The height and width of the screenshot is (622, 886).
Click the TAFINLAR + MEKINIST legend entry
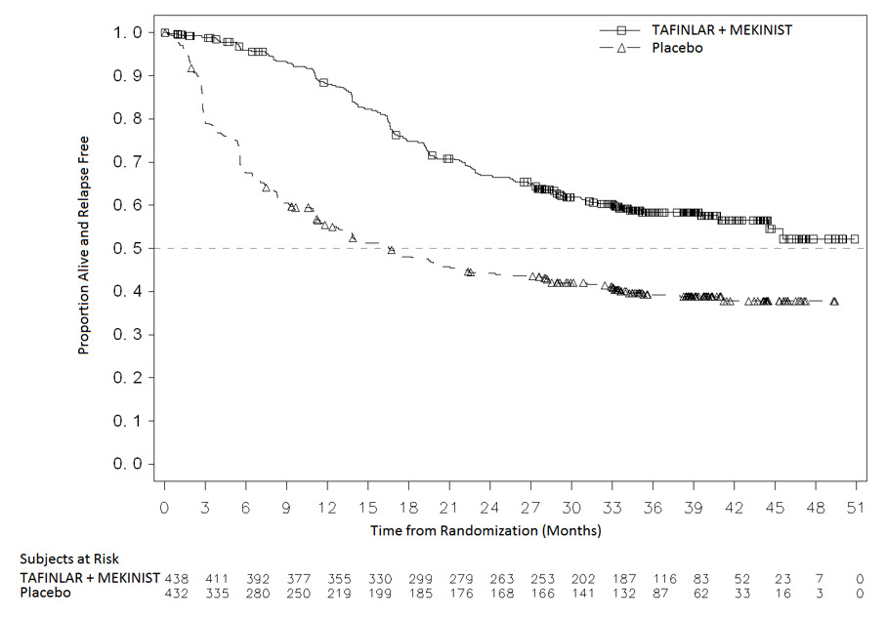722,29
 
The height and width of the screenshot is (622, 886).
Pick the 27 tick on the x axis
530,508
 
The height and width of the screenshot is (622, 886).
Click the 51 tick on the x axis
857,508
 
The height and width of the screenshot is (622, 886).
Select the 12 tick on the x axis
327,508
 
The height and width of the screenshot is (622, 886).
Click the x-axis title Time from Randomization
485,531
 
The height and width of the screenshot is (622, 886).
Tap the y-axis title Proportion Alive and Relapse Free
85,245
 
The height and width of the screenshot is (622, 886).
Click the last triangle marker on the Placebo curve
834,302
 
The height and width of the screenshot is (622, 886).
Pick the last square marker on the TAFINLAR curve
855,239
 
